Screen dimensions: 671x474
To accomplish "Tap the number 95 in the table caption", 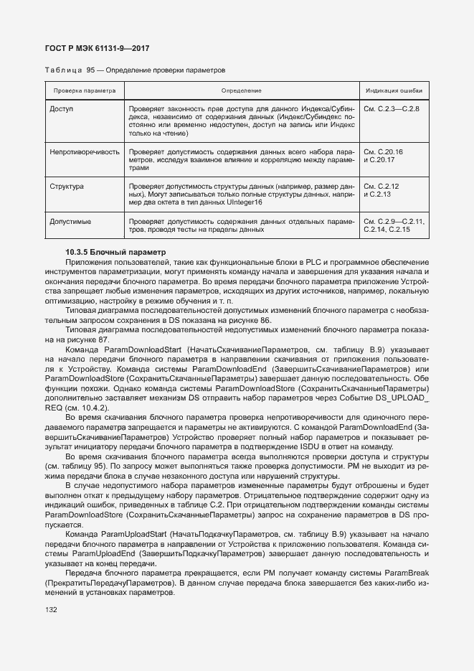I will coord(91,71).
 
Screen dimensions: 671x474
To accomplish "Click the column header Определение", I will coord(241,91).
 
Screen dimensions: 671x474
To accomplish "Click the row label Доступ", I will coord(62,108).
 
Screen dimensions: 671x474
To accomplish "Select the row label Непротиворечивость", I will coord(84,152).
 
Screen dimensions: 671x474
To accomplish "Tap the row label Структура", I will coord(67,187).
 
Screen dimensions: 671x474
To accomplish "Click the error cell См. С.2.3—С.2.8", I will coord(392,108).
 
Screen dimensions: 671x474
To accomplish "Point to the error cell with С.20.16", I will coord(384,152).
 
